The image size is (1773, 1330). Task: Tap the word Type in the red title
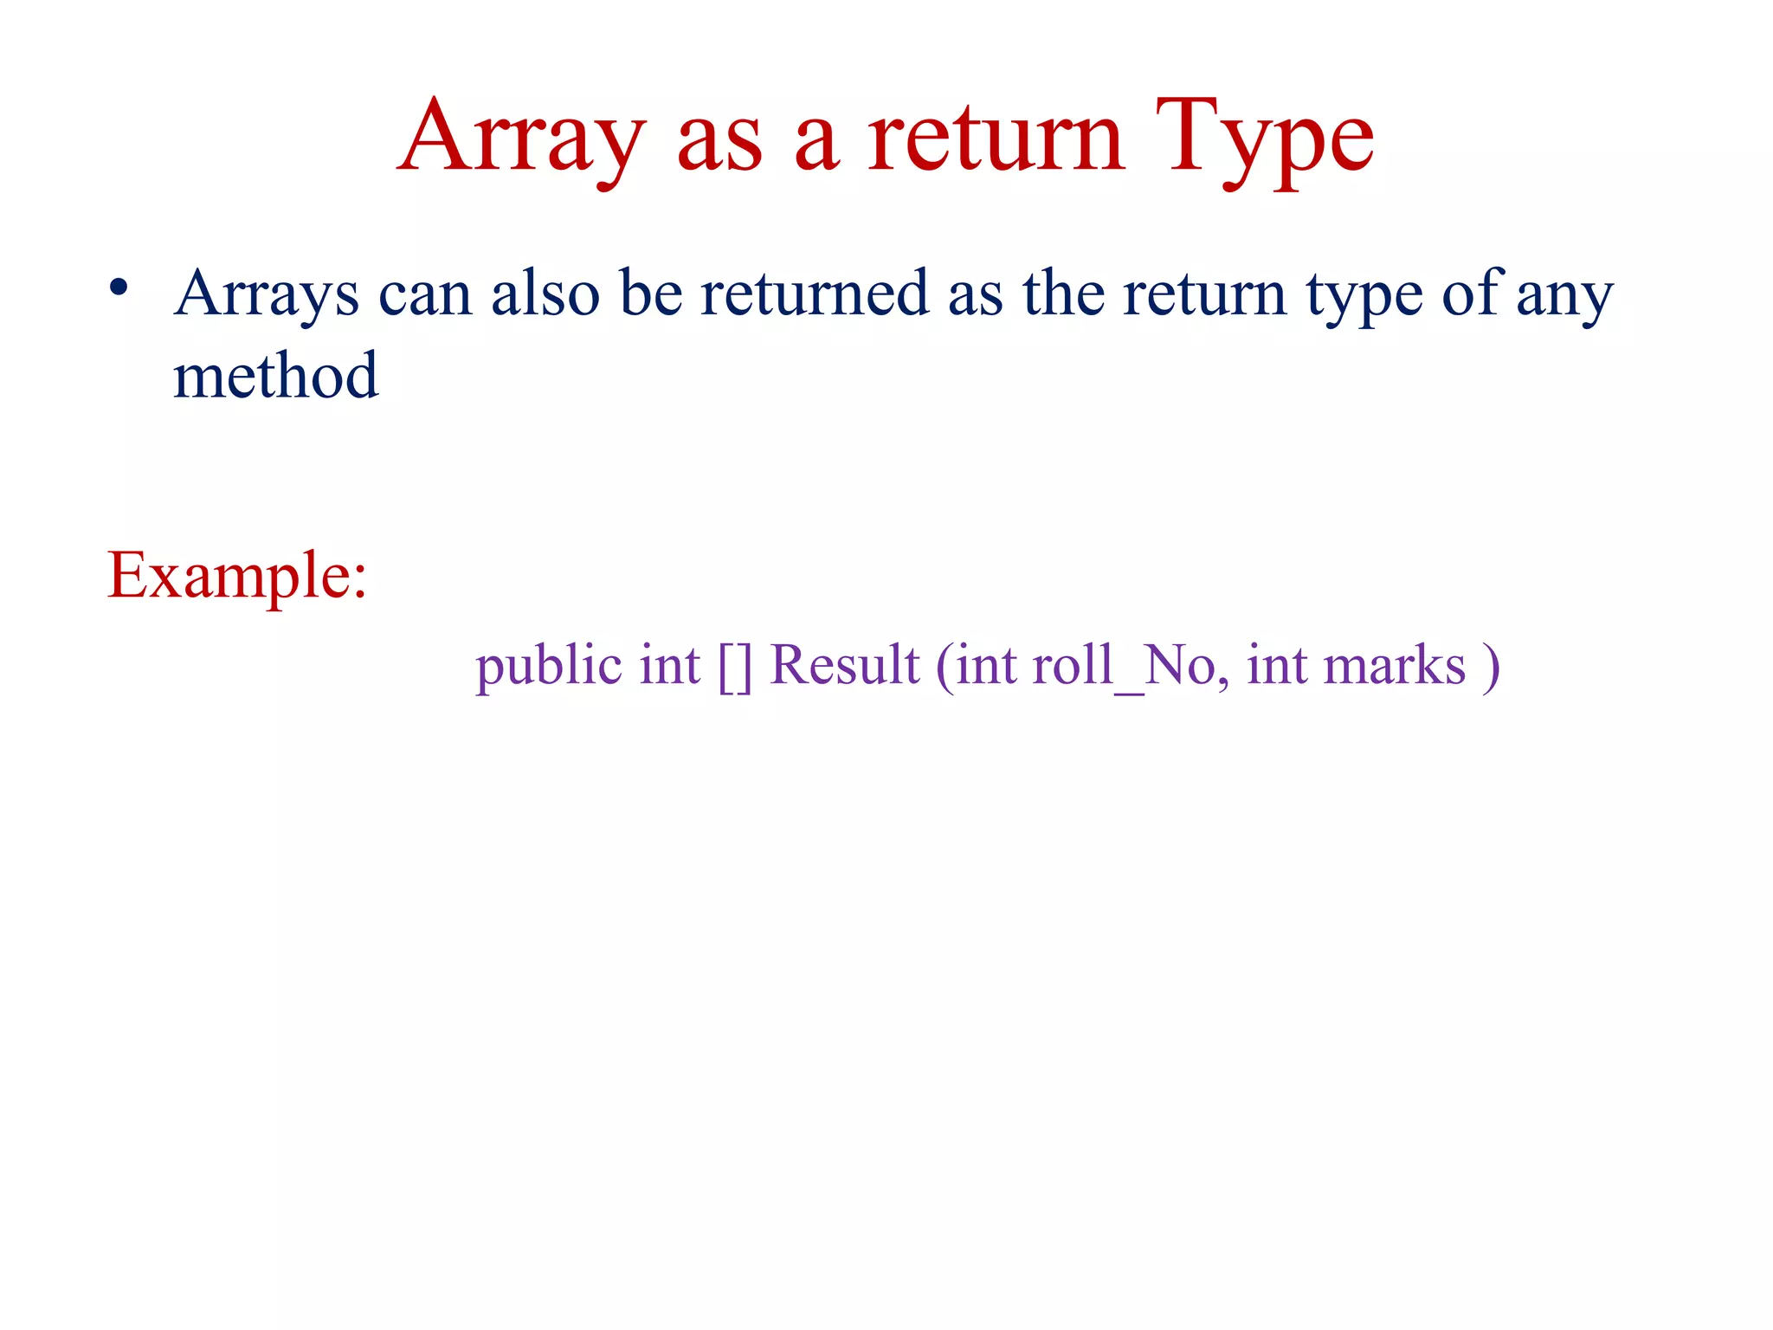pos(1264,139)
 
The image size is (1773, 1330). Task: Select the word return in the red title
pos(996,139)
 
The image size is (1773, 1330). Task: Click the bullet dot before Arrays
pos(119,288)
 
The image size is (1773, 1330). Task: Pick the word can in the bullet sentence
pos(425,294)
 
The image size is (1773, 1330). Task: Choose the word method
pos(275,376)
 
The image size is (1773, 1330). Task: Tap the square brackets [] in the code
pos(735,666)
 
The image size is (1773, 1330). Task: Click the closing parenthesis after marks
pos(1490,666)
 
